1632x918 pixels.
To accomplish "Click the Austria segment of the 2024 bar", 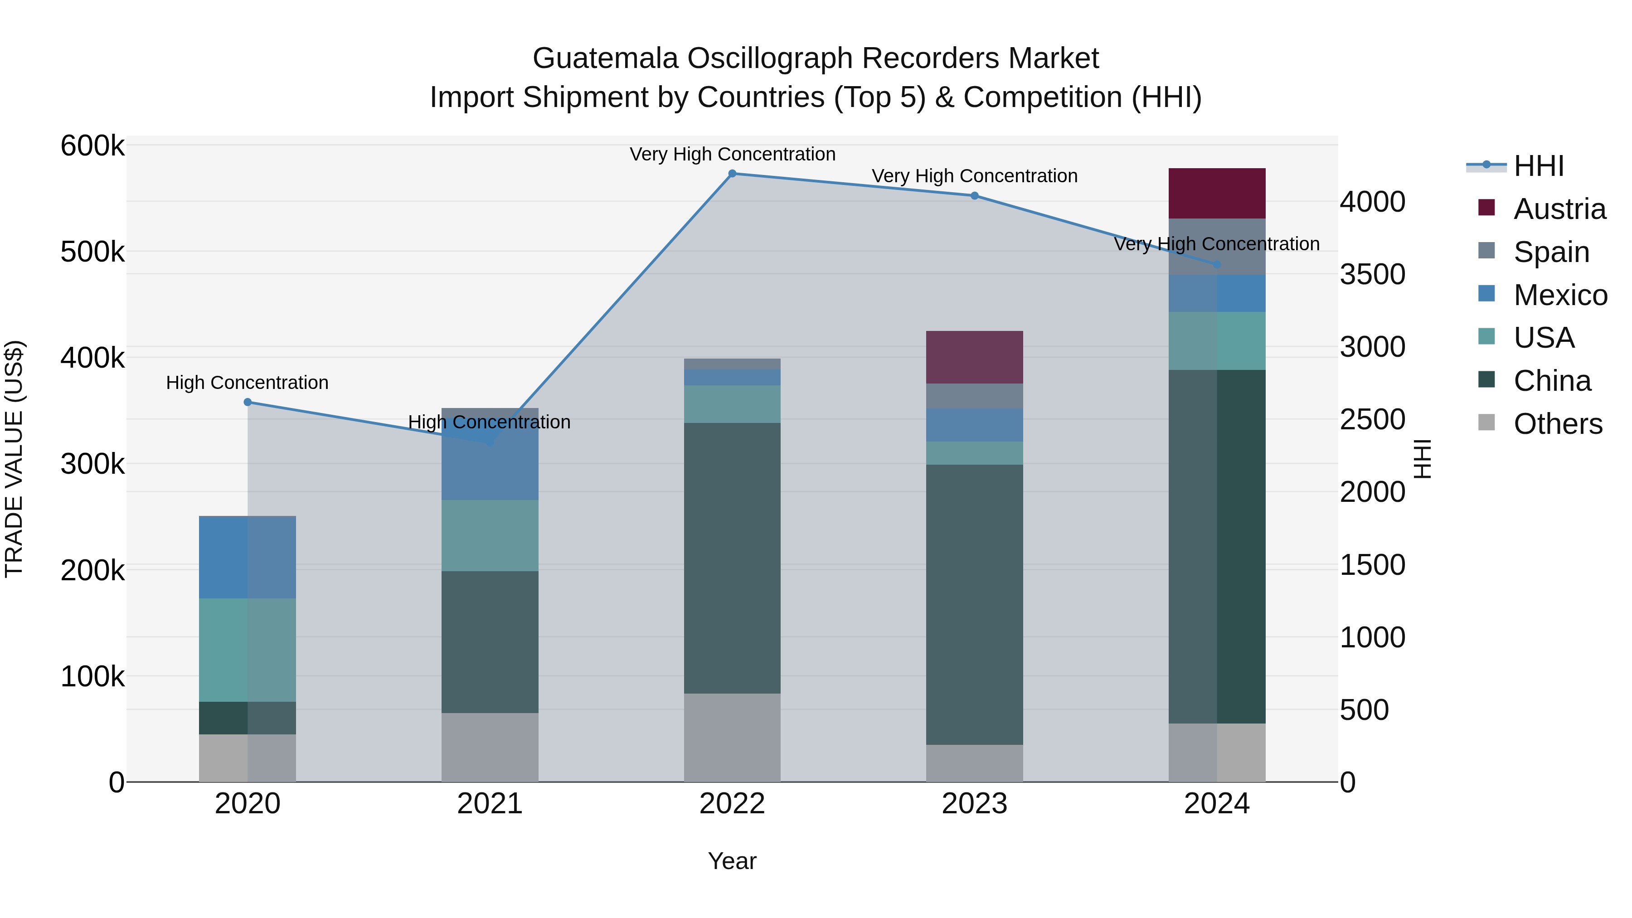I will coord(1216,193).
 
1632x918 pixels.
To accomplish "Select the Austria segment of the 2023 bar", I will coord(974,357).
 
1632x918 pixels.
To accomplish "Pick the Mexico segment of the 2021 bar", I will coord(490,469).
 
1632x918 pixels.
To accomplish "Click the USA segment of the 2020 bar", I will coord(247,649).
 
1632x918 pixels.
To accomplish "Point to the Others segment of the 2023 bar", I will coord(974,763).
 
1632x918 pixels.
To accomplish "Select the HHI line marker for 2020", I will coord(248,402).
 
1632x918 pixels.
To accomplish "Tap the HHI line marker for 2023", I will coord(974,196).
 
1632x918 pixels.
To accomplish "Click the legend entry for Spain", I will coord(1551,252).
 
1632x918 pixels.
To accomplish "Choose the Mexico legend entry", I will coord(1560,295).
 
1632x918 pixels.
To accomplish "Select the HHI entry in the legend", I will coord(1538,166).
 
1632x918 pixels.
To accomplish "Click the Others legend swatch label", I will coord(1557,424).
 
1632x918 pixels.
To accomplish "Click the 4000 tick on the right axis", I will coord(1372,202).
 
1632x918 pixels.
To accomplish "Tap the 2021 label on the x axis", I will coord(490,804).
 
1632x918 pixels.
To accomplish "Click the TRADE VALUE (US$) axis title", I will coord(14,459).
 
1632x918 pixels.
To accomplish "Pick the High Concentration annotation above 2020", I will coord(247,383).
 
